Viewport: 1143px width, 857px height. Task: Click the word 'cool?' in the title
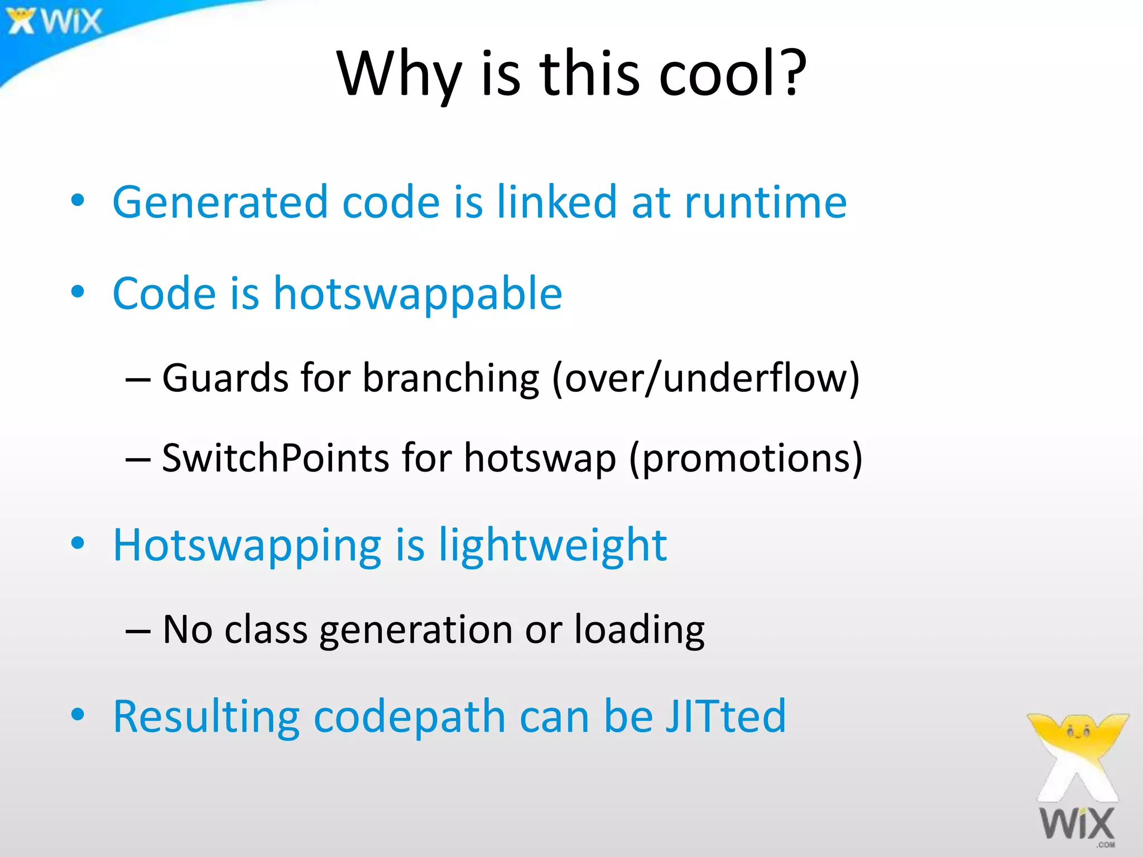[x=733, y=74]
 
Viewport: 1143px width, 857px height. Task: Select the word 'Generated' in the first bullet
[x=220, y=201]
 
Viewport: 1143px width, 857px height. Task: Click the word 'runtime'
[x=766, y=201]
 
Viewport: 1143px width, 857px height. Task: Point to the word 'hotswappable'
[x=417, y=294]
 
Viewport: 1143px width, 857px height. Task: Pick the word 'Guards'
[x=225, y=378]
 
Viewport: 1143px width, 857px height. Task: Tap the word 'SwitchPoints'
[x=275, y=458]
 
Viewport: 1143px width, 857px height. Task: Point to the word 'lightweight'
[x=553, y=546]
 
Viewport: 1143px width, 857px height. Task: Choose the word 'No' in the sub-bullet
[x=188, y=630]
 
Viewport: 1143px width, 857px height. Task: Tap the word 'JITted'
[x=726, y=716]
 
